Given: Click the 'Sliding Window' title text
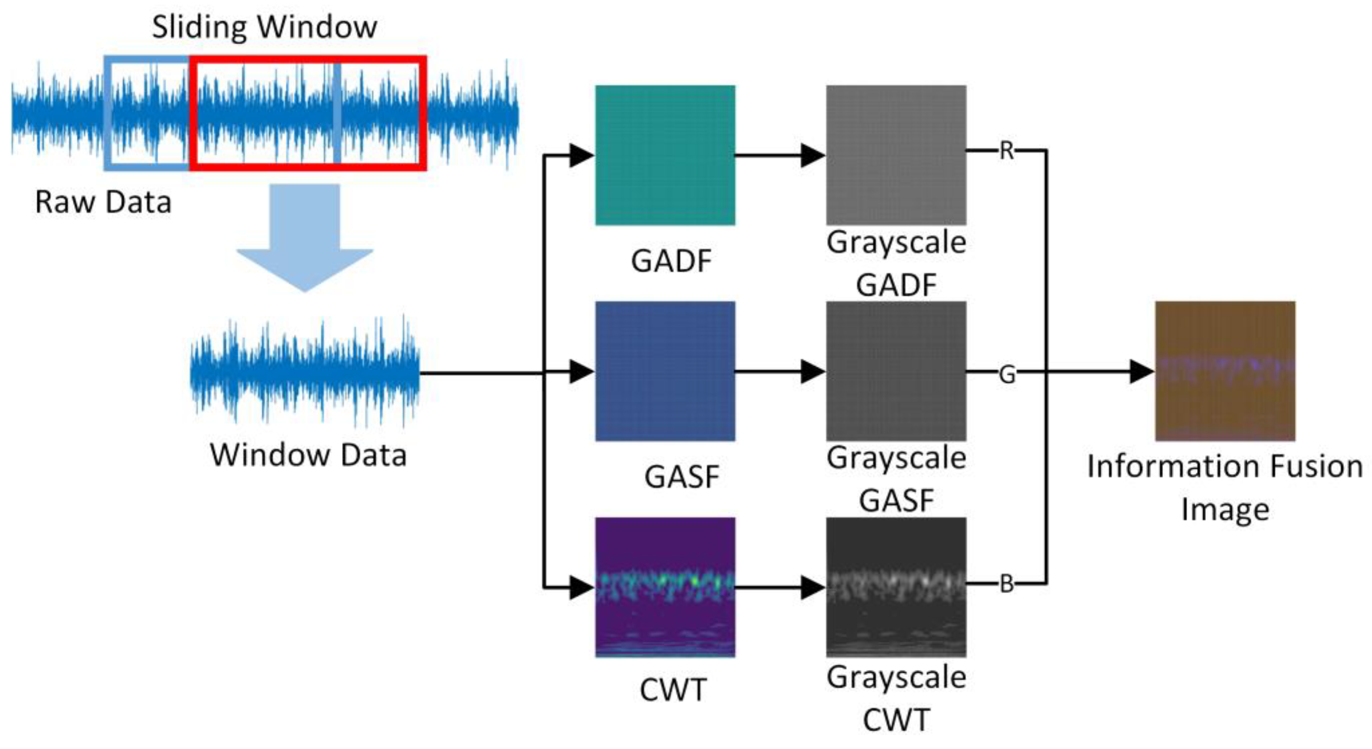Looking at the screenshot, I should coord(265,27).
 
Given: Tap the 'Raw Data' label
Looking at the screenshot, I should coord(103,202).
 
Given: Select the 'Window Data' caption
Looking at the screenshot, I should coord(308,456).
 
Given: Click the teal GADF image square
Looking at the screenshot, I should coord(665,155).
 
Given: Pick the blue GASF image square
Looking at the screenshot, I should coord(665,371).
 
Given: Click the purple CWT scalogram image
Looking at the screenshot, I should coord(665,587).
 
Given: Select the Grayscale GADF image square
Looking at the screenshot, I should coord(896,155).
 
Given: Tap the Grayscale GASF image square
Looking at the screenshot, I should coord(896,371).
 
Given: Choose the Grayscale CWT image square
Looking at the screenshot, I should coord(896,587).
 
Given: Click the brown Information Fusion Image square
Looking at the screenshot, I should coord(1225,371).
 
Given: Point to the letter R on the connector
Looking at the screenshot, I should coord(1006,151).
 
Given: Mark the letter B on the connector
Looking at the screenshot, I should coord(1006,584).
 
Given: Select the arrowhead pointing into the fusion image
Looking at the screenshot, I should coord(1141,371).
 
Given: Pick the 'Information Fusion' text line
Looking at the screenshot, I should coord(1225,467).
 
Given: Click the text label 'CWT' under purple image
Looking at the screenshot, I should coord(673,690).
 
